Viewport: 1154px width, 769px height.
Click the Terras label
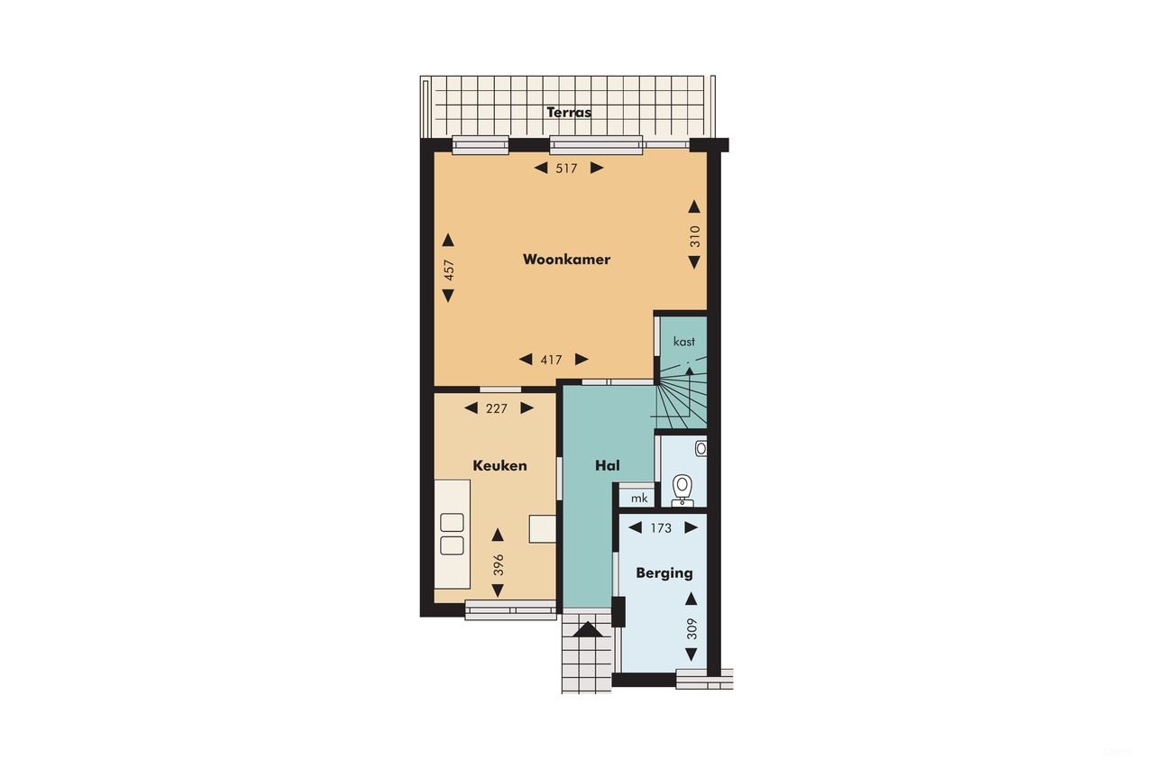569,113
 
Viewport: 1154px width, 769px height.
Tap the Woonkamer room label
566,260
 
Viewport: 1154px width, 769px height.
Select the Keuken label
499,466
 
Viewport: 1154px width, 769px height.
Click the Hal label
608,466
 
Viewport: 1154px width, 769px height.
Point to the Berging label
664,572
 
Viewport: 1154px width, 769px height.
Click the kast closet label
684,342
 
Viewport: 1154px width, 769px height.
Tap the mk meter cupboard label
639,498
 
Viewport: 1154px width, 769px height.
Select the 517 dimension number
566,168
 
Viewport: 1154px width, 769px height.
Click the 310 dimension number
694,236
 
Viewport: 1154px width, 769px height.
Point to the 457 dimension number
449,270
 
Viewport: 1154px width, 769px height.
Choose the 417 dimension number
552,360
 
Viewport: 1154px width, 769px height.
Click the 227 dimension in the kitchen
497,408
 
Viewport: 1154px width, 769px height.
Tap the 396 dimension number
499,565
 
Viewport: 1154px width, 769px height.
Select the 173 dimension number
661,528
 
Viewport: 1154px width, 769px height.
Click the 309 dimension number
691,628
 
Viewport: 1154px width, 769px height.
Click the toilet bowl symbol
682,488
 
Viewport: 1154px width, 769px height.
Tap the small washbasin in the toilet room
701,447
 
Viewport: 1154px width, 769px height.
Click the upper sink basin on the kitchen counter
452,522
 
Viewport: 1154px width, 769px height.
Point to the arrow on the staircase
690,370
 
